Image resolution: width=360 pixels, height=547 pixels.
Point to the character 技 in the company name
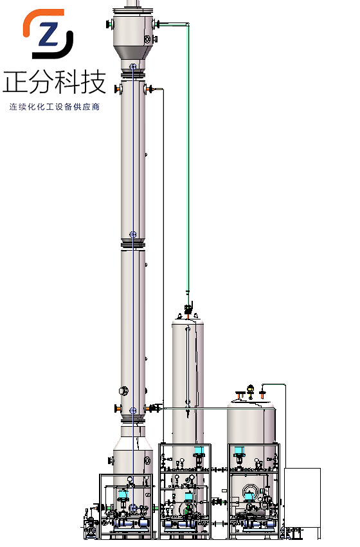[93, 82]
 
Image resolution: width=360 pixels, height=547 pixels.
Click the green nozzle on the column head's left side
[110, 24]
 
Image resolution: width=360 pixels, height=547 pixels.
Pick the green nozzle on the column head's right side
[156, 24]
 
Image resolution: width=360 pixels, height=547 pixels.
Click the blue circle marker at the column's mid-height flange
[133, 234]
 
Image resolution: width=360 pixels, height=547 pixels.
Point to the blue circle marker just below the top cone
[133, 67]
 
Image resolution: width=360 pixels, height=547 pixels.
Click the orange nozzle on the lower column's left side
[118, 408]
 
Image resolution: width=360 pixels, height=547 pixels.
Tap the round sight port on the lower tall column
[123, 390]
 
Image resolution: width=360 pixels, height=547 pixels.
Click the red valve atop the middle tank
[188, 310]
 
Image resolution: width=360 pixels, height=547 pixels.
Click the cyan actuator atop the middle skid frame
[199, 451]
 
